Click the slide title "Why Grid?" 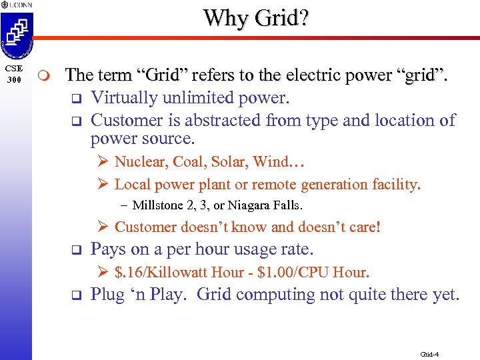[x=256, y=17]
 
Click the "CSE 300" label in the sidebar [x=14, y=74]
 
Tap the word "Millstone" [x=158, y=205]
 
